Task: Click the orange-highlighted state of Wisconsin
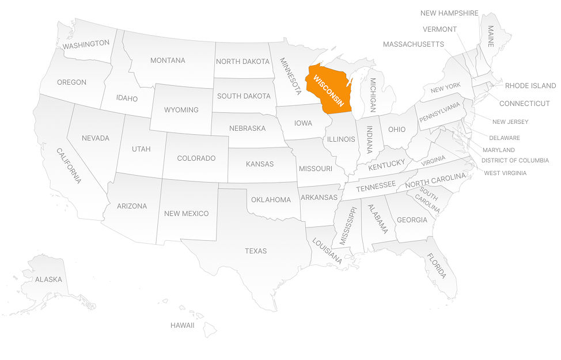pos(328,92)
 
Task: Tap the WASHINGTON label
pos(86,44)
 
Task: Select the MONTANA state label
pos(168,60)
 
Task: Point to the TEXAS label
pos(256,251)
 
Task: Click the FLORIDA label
pos(437,266)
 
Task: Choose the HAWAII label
pos(182,325)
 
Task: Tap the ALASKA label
pos(48,279)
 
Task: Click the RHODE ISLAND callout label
pos(530,86)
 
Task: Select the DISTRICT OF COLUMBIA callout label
pos(515,161)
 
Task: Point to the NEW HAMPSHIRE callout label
pos(449,13)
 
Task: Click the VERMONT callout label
pos(439,29)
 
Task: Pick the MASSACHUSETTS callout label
pos(413,44)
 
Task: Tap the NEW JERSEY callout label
pos(510,122)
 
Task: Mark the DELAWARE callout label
pos(504,138)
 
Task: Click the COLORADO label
pos(196,158)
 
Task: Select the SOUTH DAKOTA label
pos(244,96)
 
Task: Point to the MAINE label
pos(491,36)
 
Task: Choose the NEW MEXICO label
pos(186,214)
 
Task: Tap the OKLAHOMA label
pos(271,200)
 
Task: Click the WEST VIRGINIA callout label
pos(505,173)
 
